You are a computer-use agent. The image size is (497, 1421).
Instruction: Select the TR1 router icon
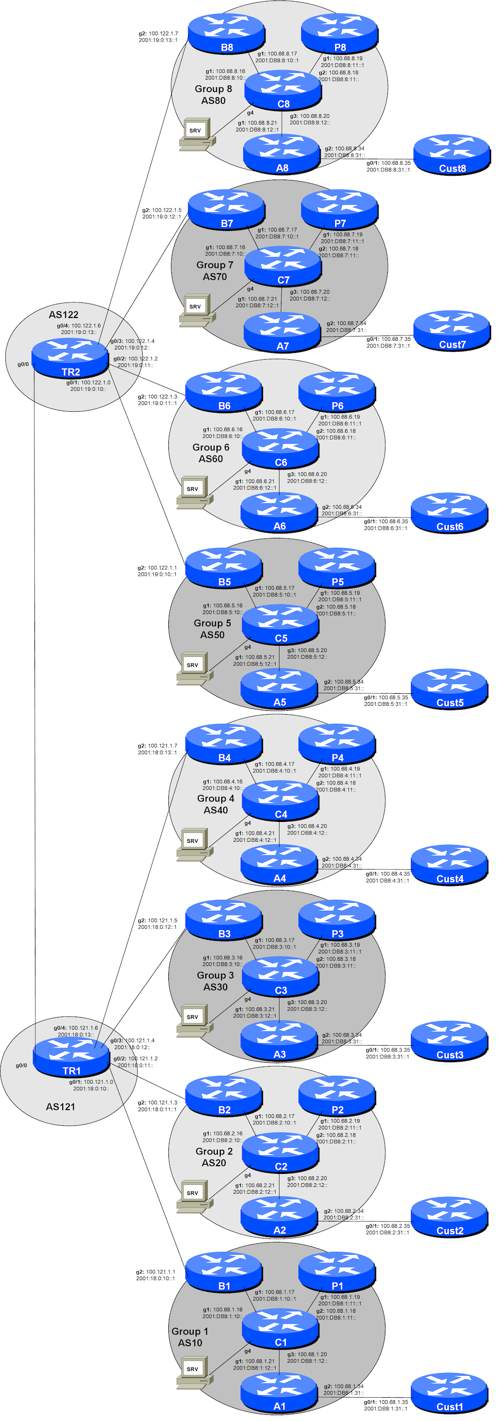tap(71, 1056)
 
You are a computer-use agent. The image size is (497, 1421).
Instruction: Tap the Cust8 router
tap(452, 155)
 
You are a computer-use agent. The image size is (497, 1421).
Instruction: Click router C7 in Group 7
tap(282, 267)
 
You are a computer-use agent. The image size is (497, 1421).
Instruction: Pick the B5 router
tap(223, 568)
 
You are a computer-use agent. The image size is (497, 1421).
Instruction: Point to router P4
tap(336, 744)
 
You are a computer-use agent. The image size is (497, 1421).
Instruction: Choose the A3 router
tap(279, 1041)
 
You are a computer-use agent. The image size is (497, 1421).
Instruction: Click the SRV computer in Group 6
tap(194, 492)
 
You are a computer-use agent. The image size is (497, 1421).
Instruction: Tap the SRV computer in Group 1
tap(194, 1372)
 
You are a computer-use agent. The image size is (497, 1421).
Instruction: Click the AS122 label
tap(64, 315)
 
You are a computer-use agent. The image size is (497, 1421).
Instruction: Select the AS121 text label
tap(60, 1106)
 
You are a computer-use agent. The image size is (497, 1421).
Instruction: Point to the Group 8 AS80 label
tap(214, 94)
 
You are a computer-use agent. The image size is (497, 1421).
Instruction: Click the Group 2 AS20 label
tap(214, 1157)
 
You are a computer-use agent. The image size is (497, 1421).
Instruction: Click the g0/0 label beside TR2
tap(23, 364)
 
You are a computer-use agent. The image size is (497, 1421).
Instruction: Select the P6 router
tap(336, 392)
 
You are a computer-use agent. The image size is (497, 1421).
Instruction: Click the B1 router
tap(223, 1272)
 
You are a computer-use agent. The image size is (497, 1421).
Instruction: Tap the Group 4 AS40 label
tap(215, 804)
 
